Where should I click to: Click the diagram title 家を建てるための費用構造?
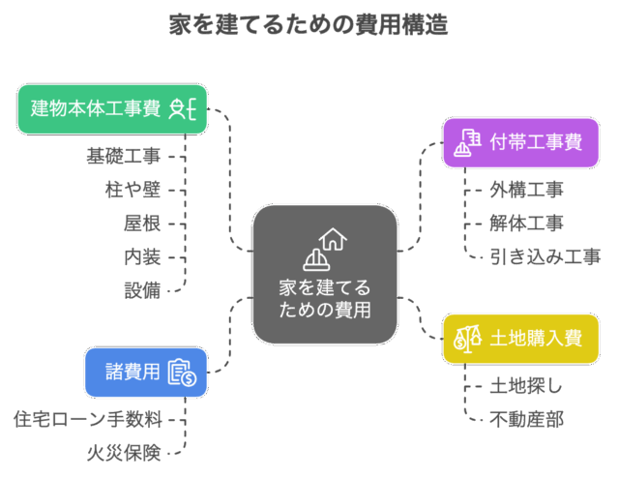click(x=309, y=25)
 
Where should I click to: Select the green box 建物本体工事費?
click(x=112, y=108)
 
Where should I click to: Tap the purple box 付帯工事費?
click(x=520, y=143)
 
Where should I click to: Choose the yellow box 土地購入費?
click(x=520, y=339)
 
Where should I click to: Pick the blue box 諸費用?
click(x=146, y=373)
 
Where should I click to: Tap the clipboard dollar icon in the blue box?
click(x=182, y=373)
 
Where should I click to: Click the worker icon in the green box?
click(x=183, y=108)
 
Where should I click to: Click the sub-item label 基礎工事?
click(x=124, y=155)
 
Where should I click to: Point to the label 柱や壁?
click(x=133, y=189)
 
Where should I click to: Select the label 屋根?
click(x=142, y=223)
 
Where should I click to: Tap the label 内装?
click(x=142, y=256)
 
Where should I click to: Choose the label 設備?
click(x=142, y=289)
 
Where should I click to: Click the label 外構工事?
click(x=527, y=189)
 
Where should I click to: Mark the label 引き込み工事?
click(x=545, y=256)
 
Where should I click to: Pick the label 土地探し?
click(x=527, y=385)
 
